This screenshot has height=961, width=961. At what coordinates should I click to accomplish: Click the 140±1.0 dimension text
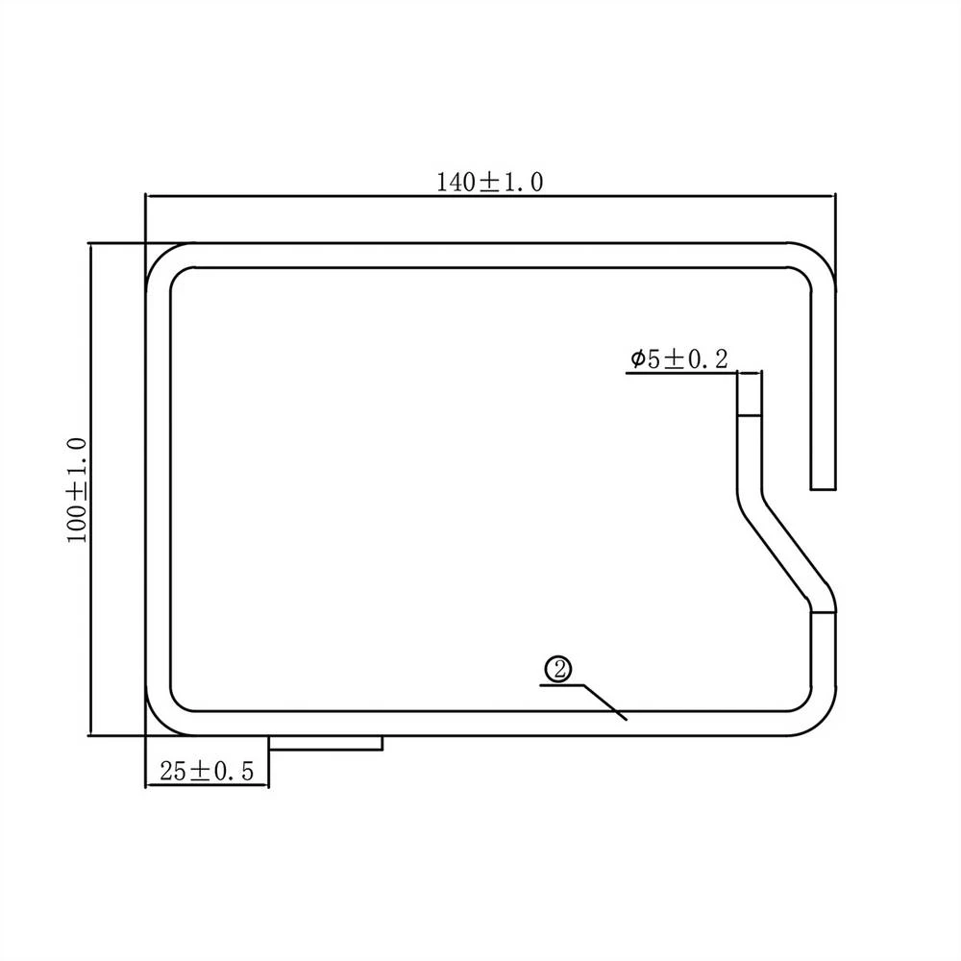pyautogui.click(x=490, y=182)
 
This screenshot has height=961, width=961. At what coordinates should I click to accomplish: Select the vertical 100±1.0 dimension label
pyautogui.click(x=77, y=489)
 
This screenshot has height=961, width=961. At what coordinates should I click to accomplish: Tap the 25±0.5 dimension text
pyautogui.click(x=206, y=771)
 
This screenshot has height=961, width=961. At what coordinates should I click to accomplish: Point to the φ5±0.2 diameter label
pyautogui.click(x=679, y=359)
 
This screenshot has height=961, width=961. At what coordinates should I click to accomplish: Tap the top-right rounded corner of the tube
pyautogui.click(x=815, y=261)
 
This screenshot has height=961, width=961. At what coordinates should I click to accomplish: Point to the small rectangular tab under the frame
pyautogui.click(x=326, y=743)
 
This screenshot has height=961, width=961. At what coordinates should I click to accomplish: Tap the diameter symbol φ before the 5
pyautogui.click(x=638, y=360)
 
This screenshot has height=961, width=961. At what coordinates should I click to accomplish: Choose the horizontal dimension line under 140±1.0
pyautogui.click(x=490, y=196)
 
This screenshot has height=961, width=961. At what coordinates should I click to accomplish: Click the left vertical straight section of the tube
pyautogui.click(x=158, y=489)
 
